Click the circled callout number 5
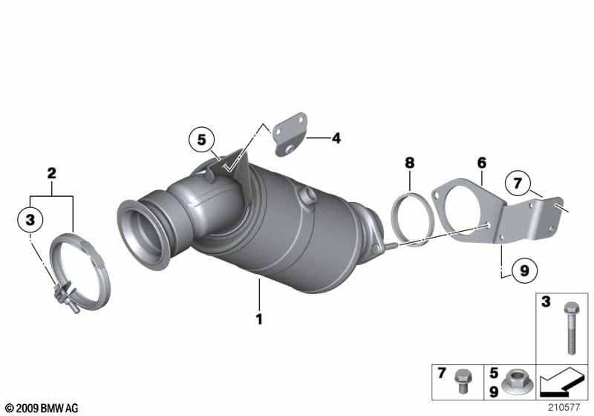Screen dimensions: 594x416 coord(201,140)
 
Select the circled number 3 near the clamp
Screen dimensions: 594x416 coord(30,219)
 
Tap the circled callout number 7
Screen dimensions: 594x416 coord(518,183)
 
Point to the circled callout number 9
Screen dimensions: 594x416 coord(525,270)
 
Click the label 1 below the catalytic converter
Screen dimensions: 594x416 coord(259,319)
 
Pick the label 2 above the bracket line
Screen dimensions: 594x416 coord(51,173)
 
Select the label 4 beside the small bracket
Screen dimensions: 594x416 coord(336,138)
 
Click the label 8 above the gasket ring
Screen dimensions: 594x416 coord(410,163)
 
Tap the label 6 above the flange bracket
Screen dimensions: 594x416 coord(481,163)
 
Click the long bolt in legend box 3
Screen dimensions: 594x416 coord(571,328)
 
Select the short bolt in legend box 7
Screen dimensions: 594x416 coord(461,381)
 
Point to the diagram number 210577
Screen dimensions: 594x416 coord(564,408)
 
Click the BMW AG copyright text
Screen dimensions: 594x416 coord(42,408)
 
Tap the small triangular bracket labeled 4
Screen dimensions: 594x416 coord(290,134)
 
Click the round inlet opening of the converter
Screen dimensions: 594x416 coord(143,235)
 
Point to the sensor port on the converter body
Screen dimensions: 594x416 coord(307,197)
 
